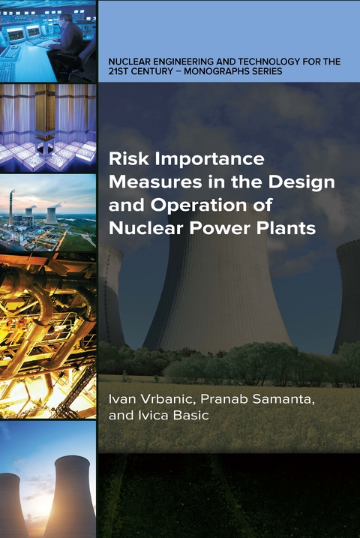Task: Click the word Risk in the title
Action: click(125, 159)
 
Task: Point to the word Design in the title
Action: click(307, 182)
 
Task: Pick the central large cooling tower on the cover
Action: click(217, 293)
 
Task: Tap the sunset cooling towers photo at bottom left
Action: click(48, 480)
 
